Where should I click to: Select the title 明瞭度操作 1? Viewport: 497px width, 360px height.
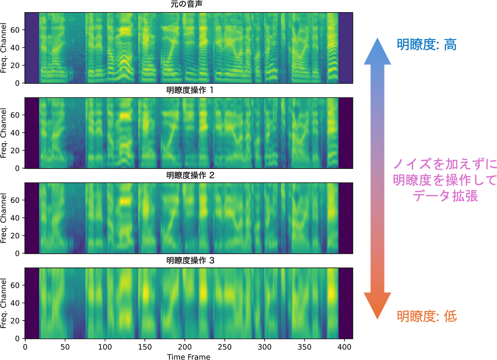tap(190, 90)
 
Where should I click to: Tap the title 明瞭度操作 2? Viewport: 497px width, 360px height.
tap(190, 175)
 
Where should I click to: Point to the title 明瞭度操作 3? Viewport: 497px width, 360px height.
tap(190, 261)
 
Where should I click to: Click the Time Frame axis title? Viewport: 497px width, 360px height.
tap(188, 357)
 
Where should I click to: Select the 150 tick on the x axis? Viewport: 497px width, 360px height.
tap(145, 347)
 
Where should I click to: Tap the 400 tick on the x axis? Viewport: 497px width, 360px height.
tap(344, 347)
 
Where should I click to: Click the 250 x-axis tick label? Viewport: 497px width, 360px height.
tap(225, 347)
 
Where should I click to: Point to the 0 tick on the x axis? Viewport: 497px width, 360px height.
tap(25, 347)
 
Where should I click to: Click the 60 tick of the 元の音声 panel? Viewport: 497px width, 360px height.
tap(15, 30)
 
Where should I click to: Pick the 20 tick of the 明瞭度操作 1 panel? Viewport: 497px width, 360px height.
tap(15, 151)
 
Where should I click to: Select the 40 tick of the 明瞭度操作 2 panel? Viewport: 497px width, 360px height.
tap(15, 218)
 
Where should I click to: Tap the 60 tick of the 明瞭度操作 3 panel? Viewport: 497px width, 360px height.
tap(15, 285)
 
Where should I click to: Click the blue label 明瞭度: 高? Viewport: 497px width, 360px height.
tap(427, 45)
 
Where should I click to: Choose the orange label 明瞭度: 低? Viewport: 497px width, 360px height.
tap(427, 316)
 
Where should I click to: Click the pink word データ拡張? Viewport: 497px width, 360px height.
tap(445, 196)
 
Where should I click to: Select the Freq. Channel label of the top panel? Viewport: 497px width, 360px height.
tap(4, 48)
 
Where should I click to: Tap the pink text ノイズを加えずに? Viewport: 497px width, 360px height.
tap(445, 164)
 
